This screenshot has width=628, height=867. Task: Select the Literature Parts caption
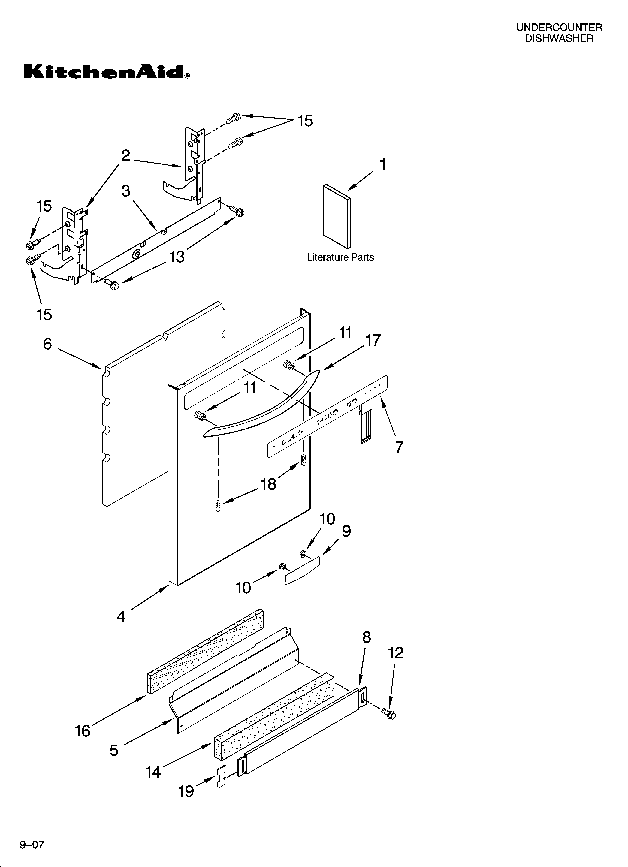[x=340, y=258]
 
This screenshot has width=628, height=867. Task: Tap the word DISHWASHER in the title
[x=559, y=38]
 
